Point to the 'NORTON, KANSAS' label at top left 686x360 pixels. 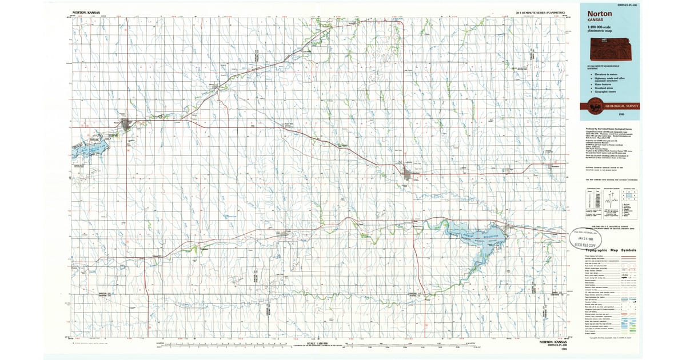tap(83, 13)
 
